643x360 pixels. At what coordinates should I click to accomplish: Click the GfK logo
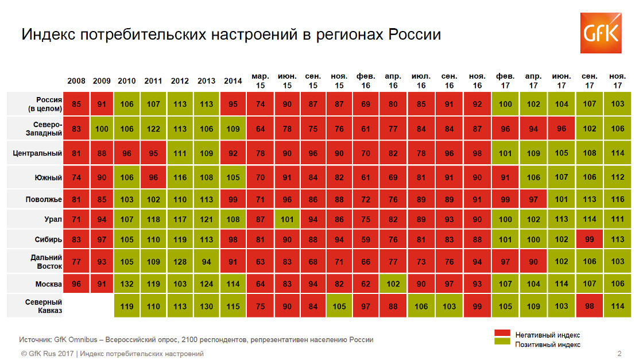601,33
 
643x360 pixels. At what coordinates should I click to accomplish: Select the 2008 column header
76,81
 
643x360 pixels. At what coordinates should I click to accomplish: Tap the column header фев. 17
505,81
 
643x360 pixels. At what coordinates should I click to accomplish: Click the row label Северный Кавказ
44,305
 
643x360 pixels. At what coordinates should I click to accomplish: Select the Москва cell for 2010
127,284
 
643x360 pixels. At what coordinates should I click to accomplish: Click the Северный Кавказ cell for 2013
207,306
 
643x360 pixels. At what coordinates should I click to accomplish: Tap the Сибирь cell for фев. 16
366,240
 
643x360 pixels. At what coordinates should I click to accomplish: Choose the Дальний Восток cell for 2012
180,262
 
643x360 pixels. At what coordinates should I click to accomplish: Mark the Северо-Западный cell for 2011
153,129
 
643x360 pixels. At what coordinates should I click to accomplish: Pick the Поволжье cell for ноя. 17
618,199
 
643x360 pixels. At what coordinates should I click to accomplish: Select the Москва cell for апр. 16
393,284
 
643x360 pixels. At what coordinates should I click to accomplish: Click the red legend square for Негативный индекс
502,334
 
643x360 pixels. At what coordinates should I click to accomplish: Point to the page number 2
619,353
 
